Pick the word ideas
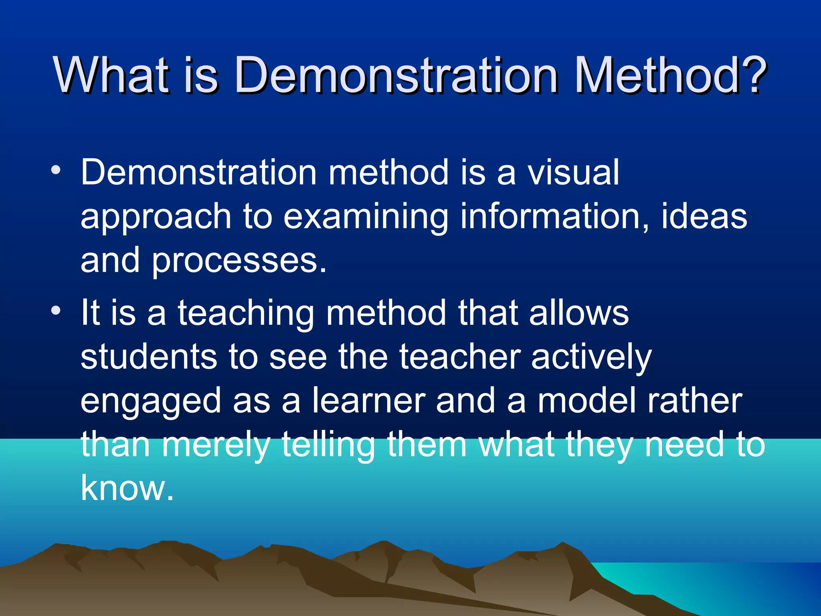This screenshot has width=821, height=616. (704, 217)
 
